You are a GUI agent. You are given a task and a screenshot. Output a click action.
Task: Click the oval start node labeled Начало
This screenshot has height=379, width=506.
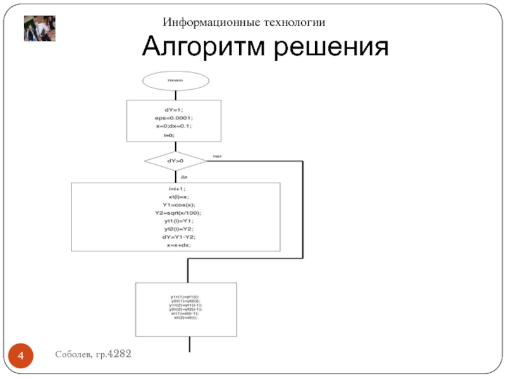click(x=175, y=80)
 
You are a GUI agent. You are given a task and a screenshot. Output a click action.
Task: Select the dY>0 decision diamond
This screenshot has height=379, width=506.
click(x=175, y=161)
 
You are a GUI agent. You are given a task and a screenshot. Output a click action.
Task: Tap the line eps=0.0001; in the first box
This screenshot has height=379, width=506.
click(x=174, y=118)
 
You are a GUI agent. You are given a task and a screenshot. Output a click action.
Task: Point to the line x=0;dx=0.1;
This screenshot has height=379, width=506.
click(x=174, y=126)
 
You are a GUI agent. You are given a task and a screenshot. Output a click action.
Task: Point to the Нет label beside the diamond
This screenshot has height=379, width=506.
click(x=217, y=155)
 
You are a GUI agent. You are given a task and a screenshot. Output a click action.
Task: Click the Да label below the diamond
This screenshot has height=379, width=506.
click(x=184, y=177)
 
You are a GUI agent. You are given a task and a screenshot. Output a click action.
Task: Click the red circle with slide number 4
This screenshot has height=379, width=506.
click(x=22, y=358)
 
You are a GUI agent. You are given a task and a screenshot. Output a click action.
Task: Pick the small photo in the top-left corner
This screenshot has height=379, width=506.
click(x=39, y=28)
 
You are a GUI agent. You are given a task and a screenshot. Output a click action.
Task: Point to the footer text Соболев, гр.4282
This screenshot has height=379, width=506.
click(x=92, y=355)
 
